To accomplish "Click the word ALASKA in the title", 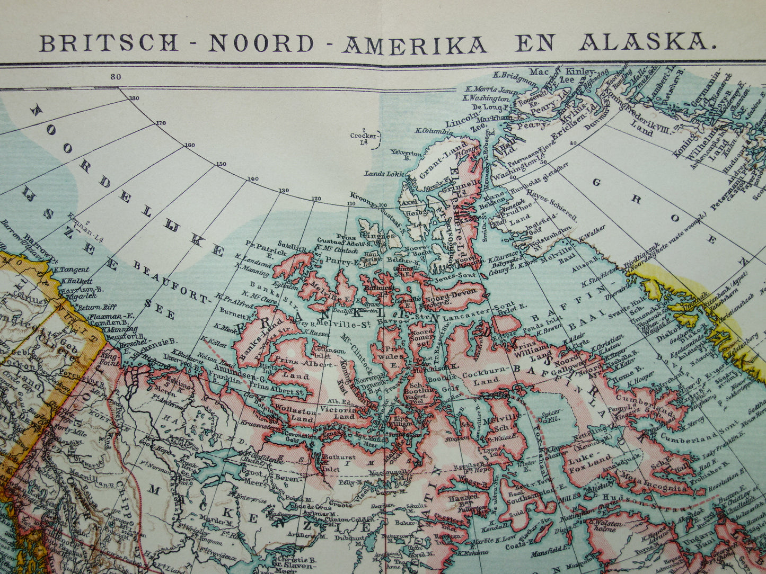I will pyautogui.click(x=648, y=42).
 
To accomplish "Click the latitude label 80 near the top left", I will pyautogui.click(x=116, y=77).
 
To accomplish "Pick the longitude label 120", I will pyautogui.click(x=316, y=199).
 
